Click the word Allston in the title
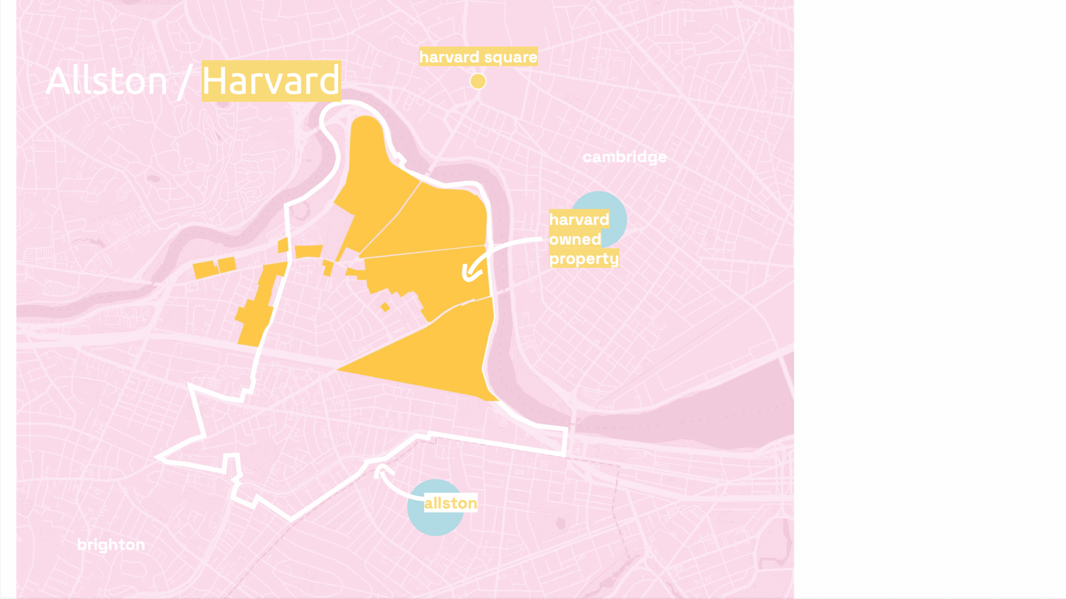pyautogui.click(x=107, y=81)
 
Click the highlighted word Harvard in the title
pyautogui.click(x=270, y=81)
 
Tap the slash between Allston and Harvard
pyautogui.click(x=183, y=82)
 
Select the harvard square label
pyautogui.click(x=478, y=57)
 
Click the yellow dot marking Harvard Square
pyautogui.click(x=478, y=82)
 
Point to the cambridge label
pyautogui.click(x=625, y=157)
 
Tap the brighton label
pyautogui.click(x=111, y=545)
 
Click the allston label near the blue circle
pyautogui.click(x=450, y=503)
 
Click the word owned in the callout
pyautogui.click(x=575, y=239)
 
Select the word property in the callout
pyautogui.click(x=584, y=259)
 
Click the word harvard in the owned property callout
pyautogui.click(x=579, y=220)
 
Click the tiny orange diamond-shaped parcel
pyautogui.click(x=385, y=307)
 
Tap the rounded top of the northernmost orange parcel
pyautogui.click(x=366, y=125)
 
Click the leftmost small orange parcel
pyautogui.click(x=204, y=270)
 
